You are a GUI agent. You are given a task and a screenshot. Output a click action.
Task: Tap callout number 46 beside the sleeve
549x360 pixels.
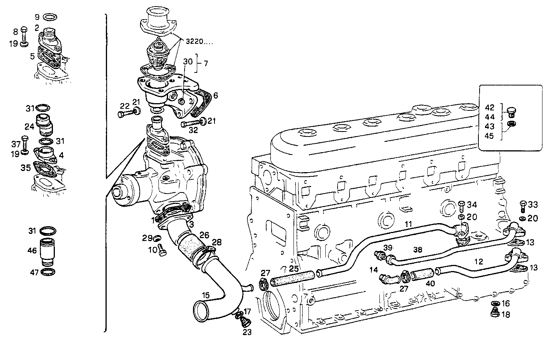click(32, 251)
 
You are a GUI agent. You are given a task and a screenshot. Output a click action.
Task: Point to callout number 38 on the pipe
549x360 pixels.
click(417, 249)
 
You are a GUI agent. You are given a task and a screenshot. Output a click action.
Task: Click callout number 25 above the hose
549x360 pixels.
click(293, 269)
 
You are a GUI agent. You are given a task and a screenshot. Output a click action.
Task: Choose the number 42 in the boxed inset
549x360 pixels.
click(489, 108)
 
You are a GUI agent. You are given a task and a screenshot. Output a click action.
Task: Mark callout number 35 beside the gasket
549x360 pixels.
click(25, 168)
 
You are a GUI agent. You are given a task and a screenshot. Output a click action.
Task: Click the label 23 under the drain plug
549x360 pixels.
click(247, 332)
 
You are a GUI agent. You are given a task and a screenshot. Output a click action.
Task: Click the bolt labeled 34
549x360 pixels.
click(462, 206)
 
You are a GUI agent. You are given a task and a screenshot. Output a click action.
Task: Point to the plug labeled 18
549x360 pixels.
click(495, 314)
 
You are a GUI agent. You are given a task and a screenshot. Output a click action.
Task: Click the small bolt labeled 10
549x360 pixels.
click(162, 251)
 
